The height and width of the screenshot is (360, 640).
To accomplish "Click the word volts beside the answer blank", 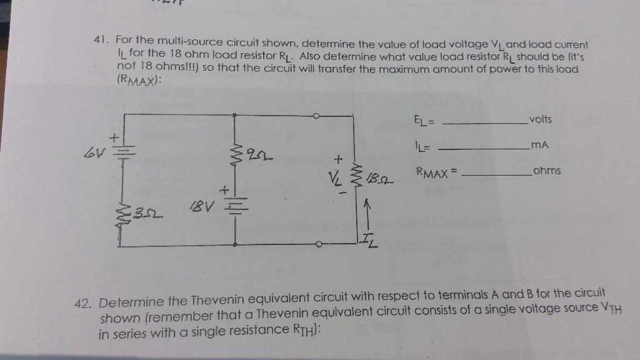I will tap(539, 120).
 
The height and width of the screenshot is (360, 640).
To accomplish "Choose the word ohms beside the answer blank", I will tap(547, 171).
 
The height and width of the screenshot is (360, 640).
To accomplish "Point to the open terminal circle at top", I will tap(317, 116).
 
